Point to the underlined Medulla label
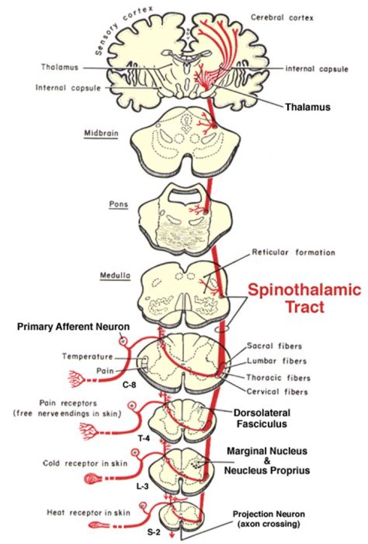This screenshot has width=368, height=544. pos(113,276)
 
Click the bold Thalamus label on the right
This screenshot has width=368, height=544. pos(307,107)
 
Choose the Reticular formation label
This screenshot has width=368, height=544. pos(293,252)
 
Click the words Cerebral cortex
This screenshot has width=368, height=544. pos(282,18)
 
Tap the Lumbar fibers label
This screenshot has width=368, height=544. pos(277,361)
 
